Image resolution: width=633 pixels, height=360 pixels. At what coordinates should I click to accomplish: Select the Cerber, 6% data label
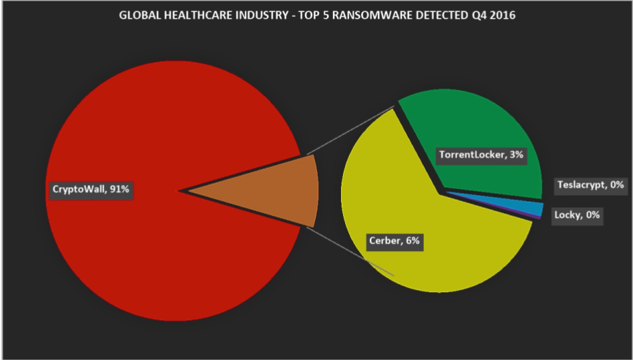click(x=396, y=242)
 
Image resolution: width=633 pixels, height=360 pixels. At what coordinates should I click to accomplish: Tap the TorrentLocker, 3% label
click(x=481, y=155)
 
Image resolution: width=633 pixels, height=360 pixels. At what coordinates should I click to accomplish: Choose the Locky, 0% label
click(x=576, y=216)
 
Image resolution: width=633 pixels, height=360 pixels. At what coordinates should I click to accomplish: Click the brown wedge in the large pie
click(x=283, y=190)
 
